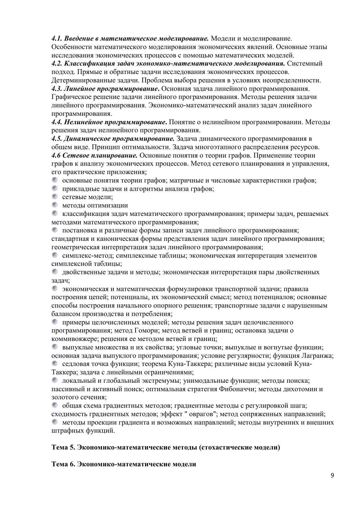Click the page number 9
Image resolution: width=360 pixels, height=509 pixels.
[x=332, y=475]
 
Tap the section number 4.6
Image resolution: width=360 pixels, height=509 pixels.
[x=56, y=155]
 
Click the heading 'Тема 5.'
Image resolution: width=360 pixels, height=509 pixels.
[x=63, y=447]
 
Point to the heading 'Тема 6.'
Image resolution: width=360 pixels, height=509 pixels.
[x=63, y=464]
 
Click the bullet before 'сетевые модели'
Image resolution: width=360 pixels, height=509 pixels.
[x=55, y=197]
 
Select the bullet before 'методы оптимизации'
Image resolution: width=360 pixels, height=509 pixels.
[x=55, y=205]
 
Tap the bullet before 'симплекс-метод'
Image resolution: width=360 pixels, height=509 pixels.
[x=55, y=255]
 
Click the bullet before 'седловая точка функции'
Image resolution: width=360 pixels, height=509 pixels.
[x=55, y=363]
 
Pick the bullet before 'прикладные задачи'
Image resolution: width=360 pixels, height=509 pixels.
[x=55, y=188]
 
